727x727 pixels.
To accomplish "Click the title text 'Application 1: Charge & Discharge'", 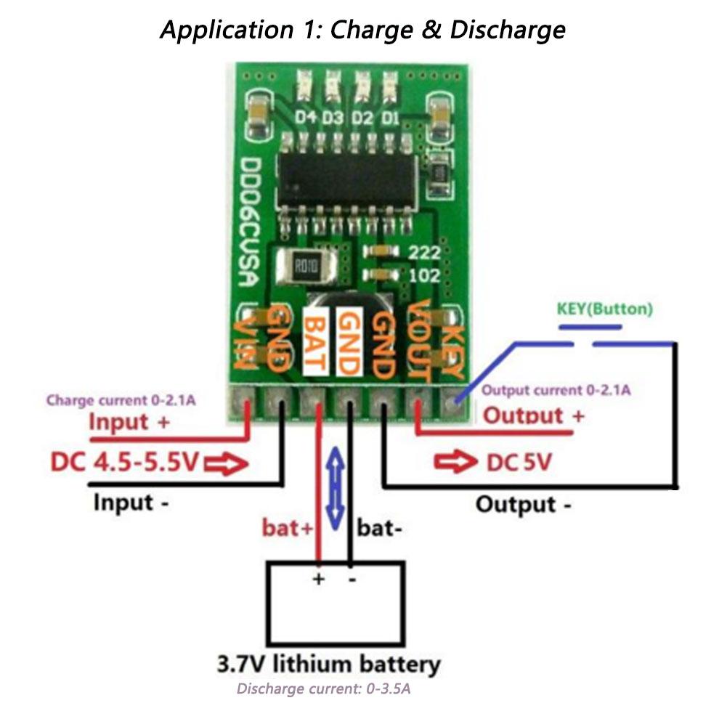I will tap(363, 31).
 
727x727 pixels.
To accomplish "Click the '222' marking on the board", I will tap(425, 252).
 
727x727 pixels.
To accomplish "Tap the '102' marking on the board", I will tap(425, 275).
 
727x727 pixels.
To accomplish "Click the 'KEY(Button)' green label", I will tap(604, 309).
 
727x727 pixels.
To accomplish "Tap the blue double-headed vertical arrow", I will tap(335, 487).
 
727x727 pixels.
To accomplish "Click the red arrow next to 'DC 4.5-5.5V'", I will tap(226, 462).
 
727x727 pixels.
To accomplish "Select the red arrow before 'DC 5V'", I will tap(454, 461).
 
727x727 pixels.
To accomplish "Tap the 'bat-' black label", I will tap(379, 528).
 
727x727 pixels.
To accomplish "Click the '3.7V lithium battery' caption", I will tap(328, 664).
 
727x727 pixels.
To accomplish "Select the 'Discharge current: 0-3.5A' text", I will tap(324, 689).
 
